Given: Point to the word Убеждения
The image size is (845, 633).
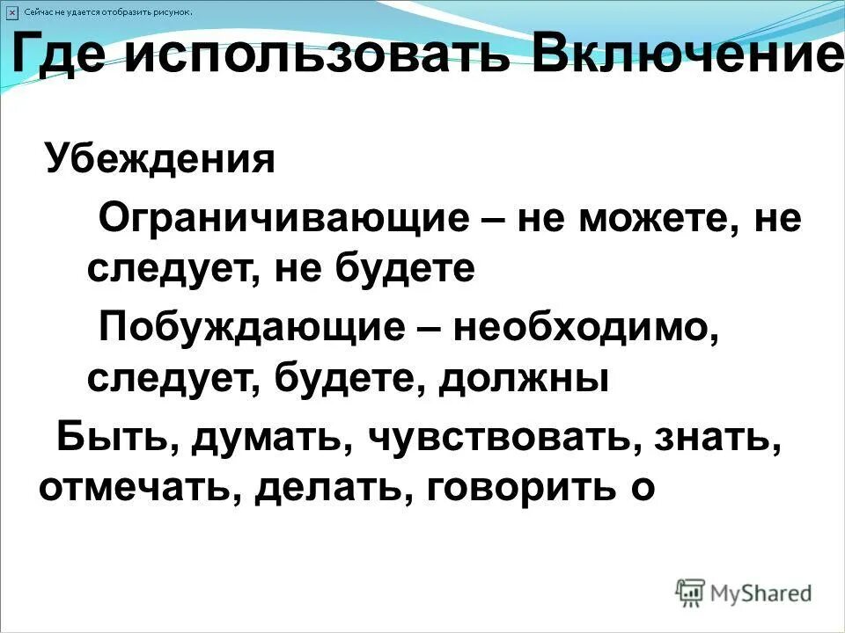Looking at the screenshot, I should point(160,160).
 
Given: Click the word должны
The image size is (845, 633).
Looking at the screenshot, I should point(525,380).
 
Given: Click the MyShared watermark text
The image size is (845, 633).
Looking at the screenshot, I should point(760,593).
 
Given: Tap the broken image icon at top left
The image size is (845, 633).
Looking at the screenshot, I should point(11,11).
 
